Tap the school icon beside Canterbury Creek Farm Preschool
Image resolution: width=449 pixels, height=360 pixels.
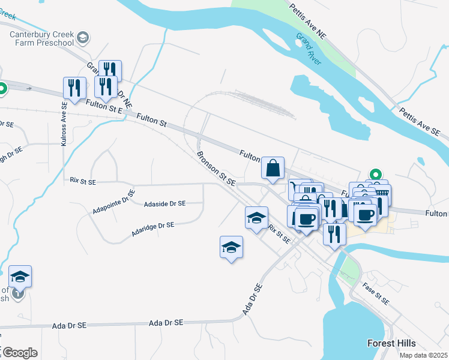click(83, 38)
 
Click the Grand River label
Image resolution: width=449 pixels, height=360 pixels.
click(309, 49)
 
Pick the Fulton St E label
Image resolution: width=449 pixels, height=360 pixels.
click(104, 107)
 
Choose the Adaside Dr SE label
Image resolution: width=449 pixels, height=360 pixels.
click(165, 204)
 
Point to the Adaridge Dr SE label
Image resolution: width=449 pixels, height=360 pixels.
click(152, 229)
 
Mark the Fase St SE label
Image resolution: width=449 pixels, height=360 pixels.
click(376, 292)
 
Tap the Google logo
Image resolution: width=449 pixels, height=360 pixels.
click(19, 353)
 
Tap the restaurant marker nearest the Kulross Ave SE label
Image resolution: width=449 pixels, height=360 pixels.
click(74, 89)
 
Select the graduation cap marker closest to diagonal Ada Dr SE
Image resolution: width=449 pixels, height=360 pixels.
click(232, 247)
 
